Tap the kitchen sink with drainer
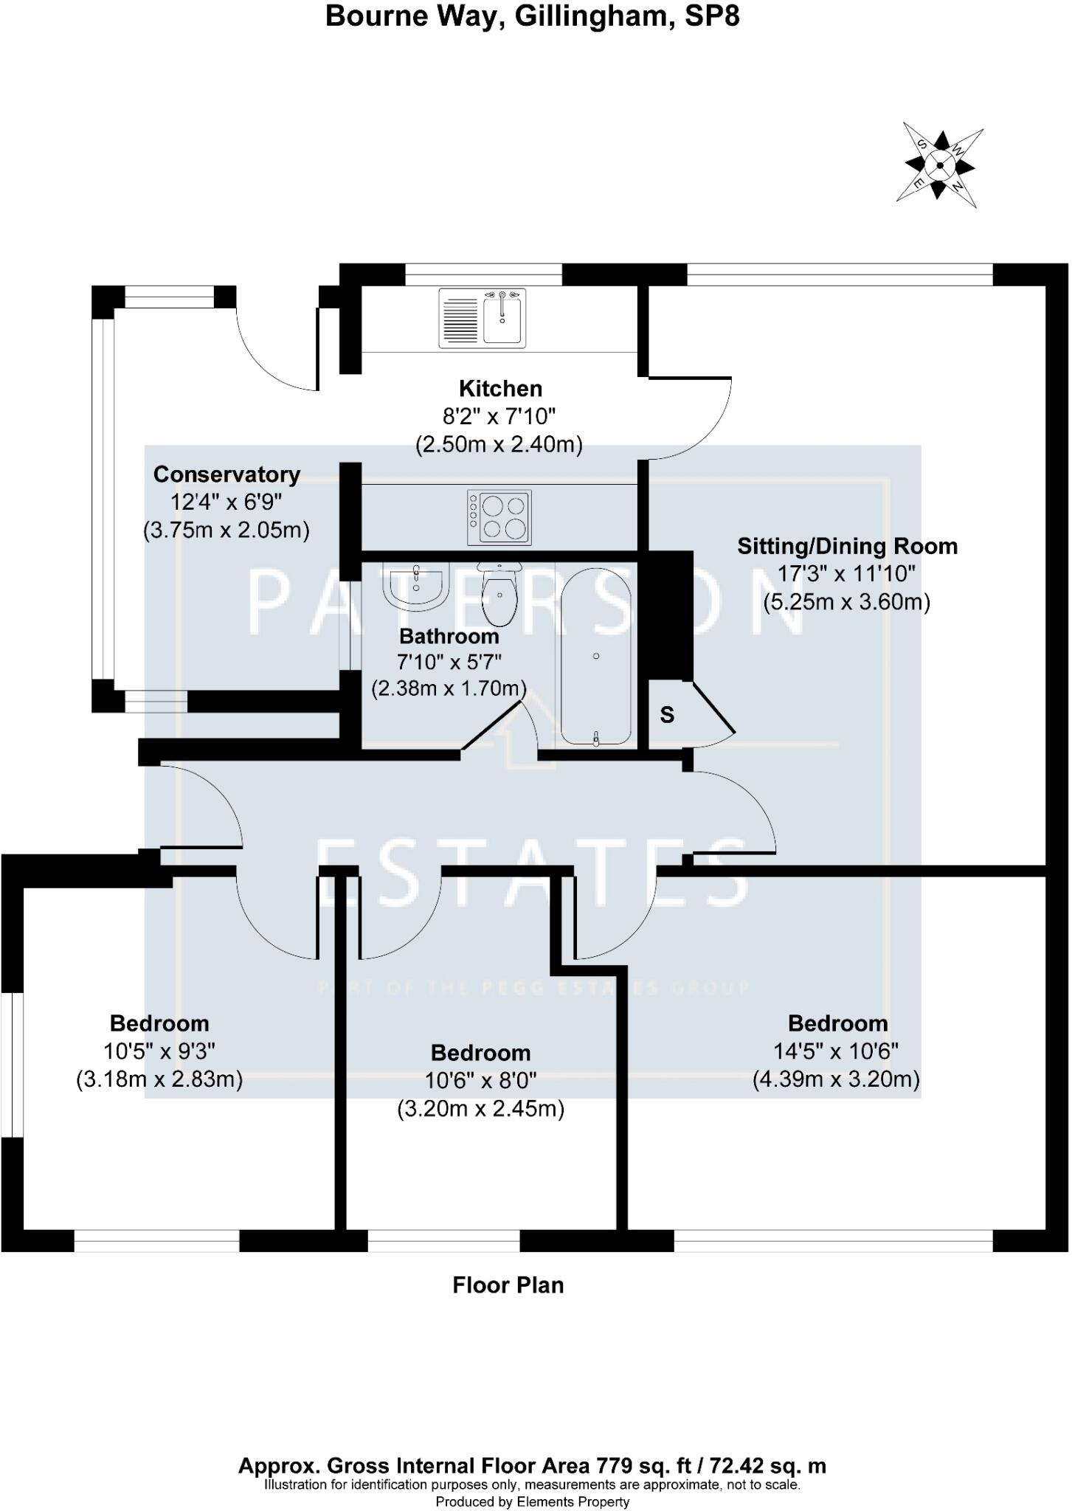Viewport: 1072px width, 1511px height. point(483,317)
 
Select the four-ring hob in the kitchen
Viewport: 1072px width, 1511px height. point(499,518)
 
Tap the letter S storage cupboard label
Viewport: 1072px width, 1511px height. point(667,714)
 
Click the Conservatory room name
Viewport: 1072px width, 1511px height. point(226,474)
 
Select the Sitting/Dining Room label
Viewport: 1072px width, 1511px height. point(847,547)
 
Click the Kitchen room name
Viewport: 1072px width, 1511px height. point(500,388)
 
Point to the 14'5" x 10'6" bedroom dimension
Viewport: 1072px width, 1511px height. point(836,1051)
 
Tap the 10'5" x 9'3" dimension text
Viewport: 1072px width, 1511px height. point(159,1051)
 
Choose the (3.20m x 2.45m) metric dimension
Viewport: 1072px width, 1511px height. point(480,1109)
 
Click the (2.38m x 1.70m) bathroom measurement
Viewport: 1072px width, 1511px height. point(448,688)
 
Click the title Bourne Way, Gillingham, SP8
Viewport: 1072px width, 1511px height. point(532,16)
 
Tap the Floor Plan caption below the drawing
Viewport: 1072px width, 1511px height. point(508,1286)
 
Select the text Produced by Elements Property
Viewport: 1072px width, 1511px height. point(532,1501)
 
